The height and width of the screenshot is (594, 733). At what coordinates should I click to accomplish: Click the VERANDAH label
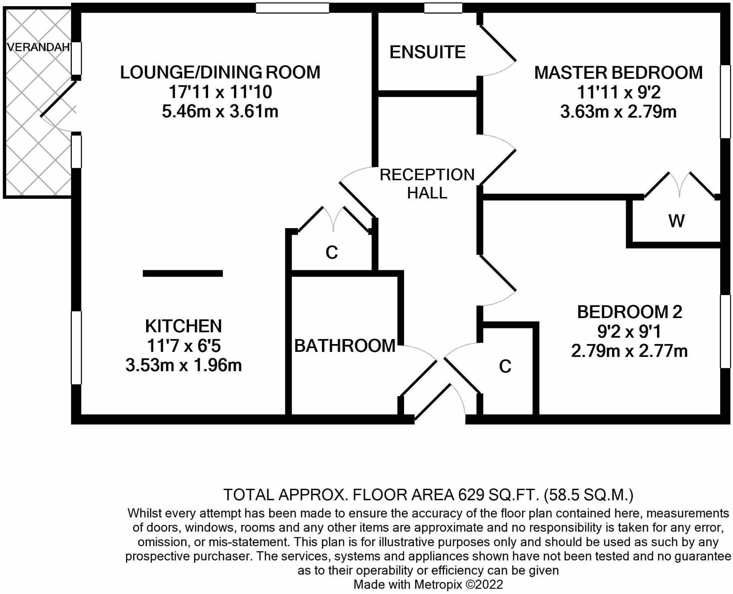(x=38, y=47)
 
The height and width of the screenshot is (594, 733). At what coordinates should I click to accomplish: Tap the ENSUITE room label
(x=428, y=52)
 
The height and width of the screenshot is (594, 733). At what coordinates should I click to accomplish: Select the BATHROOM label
(x=345, y=346)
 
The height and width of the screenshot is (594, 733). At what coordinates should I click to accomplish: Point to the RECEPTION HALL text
(x=427, y=184)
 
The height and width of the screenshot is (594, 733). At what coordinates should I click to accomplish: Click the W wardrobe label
(x=676, y=221)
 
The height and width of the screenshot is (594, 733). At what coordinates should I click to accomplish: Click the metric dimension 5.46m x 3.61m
(x=220, y=111)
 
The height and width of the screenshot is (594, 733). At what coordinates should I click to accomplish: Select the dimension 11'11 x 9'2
(x=618, y=92)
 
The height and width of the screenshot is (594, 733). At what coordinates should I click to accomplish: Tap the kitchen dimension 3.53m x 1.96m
(x=184, y=365)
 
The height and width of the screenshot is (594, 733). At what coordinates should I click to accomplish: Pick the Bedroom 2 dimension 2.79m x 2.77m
(x=629, y=351)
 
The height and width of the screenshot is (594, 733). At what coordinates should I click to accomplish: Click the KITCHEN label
(x=184, y=326)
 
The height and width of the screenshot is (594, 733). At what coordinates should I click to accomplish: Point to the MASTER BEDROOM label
(x=618, y=73)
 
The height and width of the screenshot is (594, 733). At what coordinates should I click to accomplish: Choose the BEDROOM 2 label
(x=629, y=312)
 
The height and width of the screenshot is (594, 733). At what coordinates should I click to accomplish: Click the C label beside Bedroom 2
(x=505, y=366)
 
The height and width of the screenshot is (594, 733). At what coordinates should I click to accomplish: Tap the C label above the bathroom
(x=331, y=252)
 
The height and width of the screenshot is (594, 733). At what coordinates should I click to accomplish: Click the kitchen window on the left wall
(x=76, y=347)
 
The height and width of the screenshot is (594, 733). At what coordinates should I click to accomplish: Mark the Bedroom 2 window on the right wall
(x=725, y=331)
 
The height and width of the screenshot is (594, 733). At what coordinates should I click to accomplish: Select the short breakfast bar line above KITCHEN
(x=182, y=273)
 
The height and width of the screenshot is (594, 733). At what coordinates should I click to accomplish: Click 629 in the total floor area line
(x=470, y=494)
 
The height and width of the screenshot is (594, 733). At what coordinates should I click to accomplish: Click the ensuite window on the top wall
(x=443, y=8)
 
